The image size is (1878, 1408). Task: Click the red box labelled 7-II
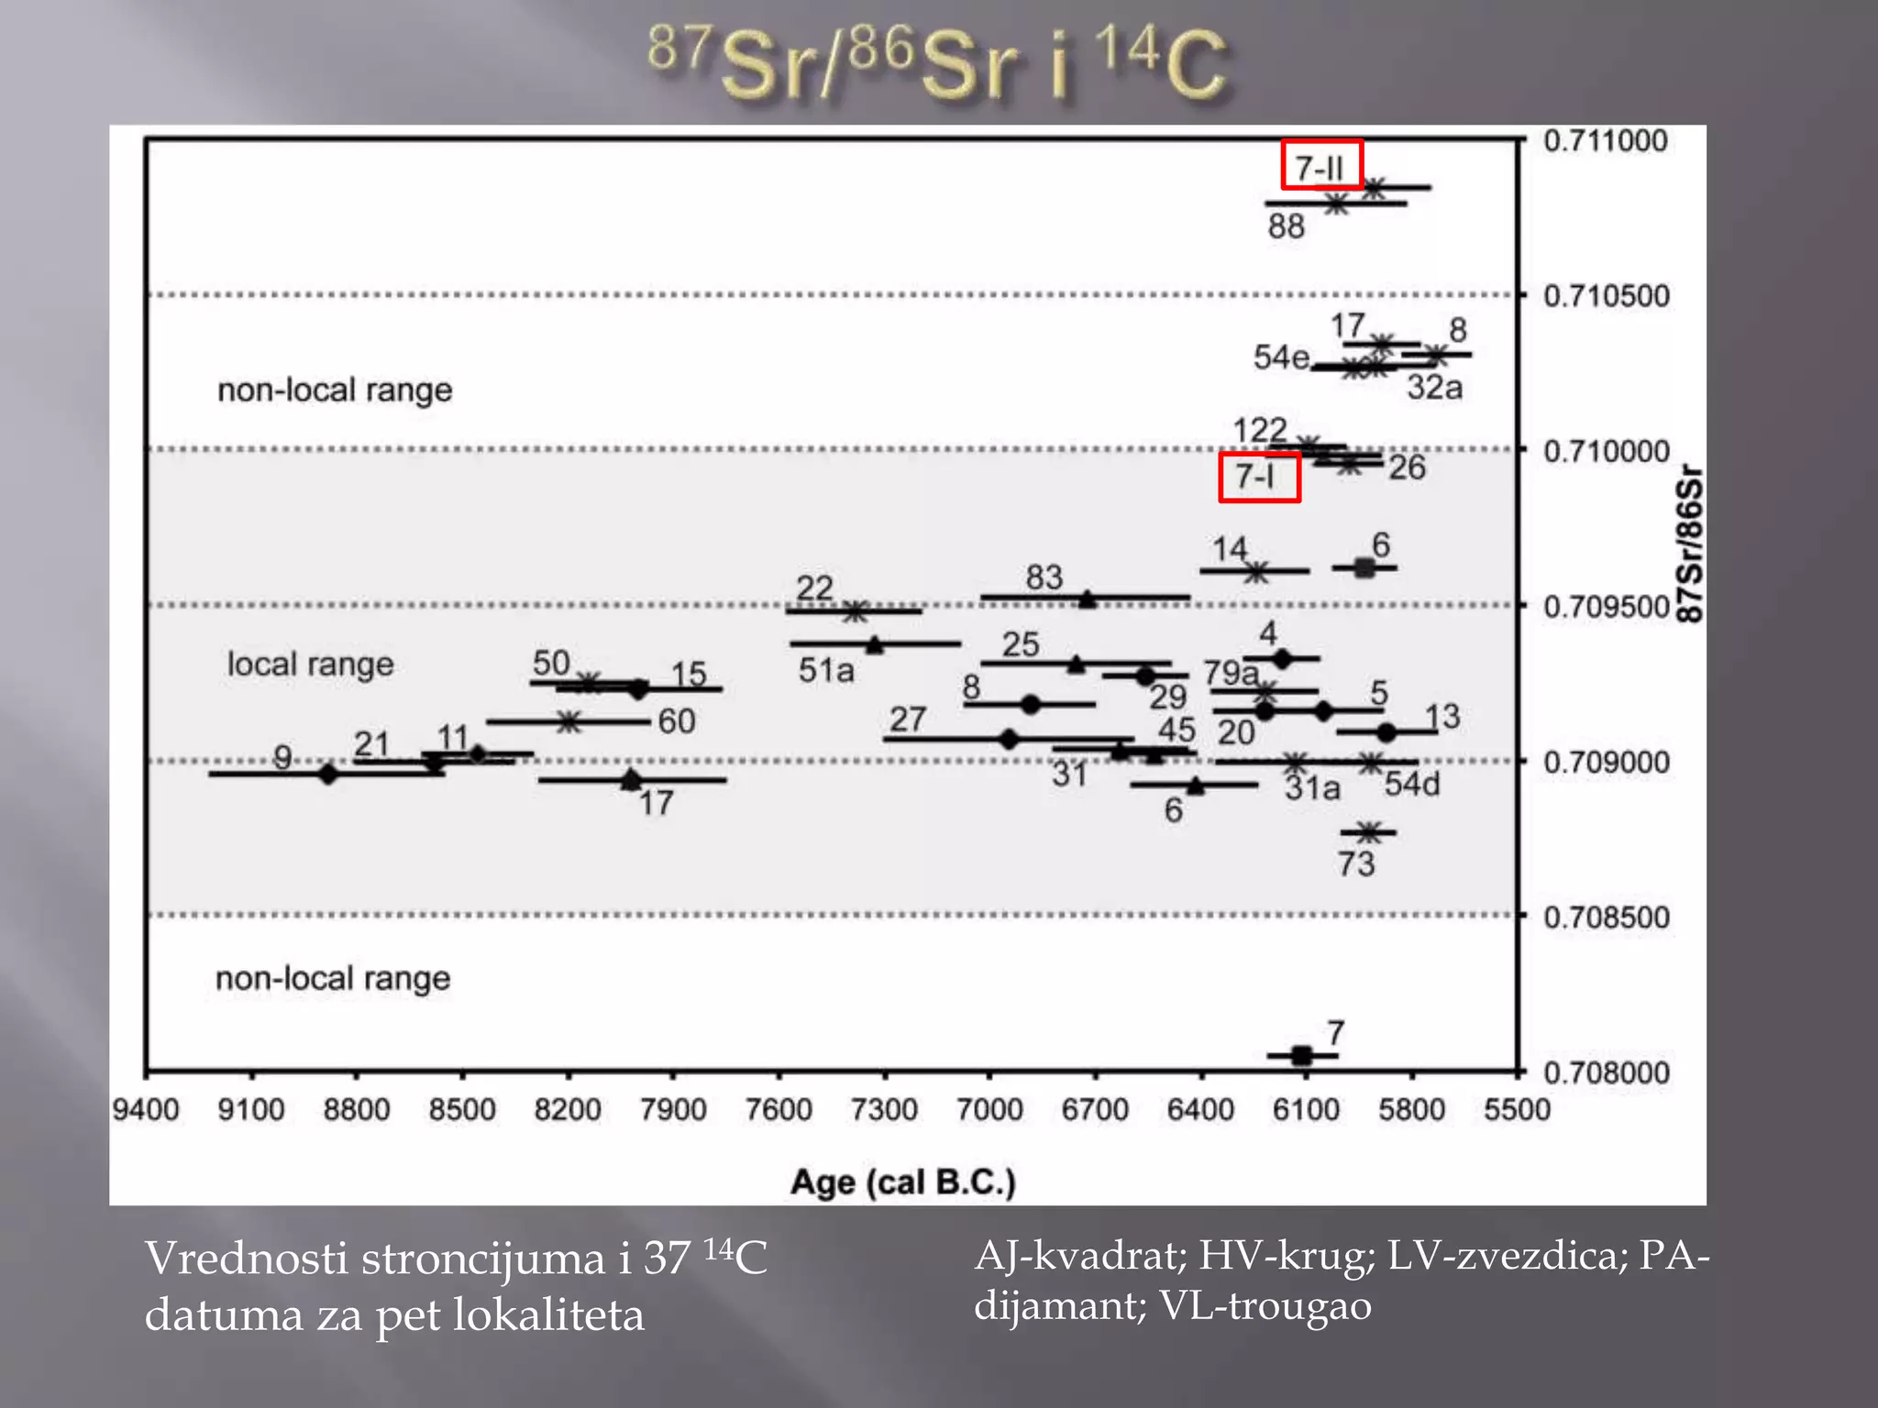click(x=1321, y=165)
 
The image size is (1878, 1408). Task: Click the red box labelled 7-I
click(x=1259, y=477)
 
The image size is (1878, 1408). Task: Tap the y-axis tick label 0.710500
click(x=1607, y=296)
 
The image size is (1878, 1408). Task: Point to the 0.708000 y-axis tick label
click(x=1607, y=1072)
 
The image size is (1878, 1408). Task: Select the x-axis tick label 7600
click(x=779, y=1110)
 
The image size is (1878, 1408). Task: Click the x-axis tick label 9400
click(x=145, y=1110)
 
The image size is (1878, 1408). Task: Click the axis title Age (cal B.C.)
click(x=903, y=1182)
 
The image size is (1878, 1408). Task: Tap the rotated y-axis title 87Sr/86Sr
click(x=1689, y=545)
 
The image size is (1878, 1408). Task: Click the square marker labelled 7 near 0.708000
click(x=1301, y=1056)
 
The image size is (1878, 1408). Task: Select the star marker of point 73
click(x=1368, y=832)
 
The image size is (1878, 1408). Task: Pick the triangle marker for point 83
click(x=1087, y=599)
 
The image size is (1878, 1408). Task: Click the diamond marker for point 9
click(x=327, y=774)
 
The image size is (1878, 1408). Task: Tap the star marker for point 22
click(x=855, y=611)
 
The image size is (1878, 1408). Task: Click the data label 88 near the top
click(x=1286, y=226)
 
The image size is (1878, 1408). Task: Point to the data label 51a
click(x=825, y=671)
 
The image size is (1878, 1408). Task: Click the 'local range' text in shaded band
click(x=310, y=664)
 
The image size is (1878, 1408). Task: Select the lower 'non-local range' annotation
click(x=333, y=978)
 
